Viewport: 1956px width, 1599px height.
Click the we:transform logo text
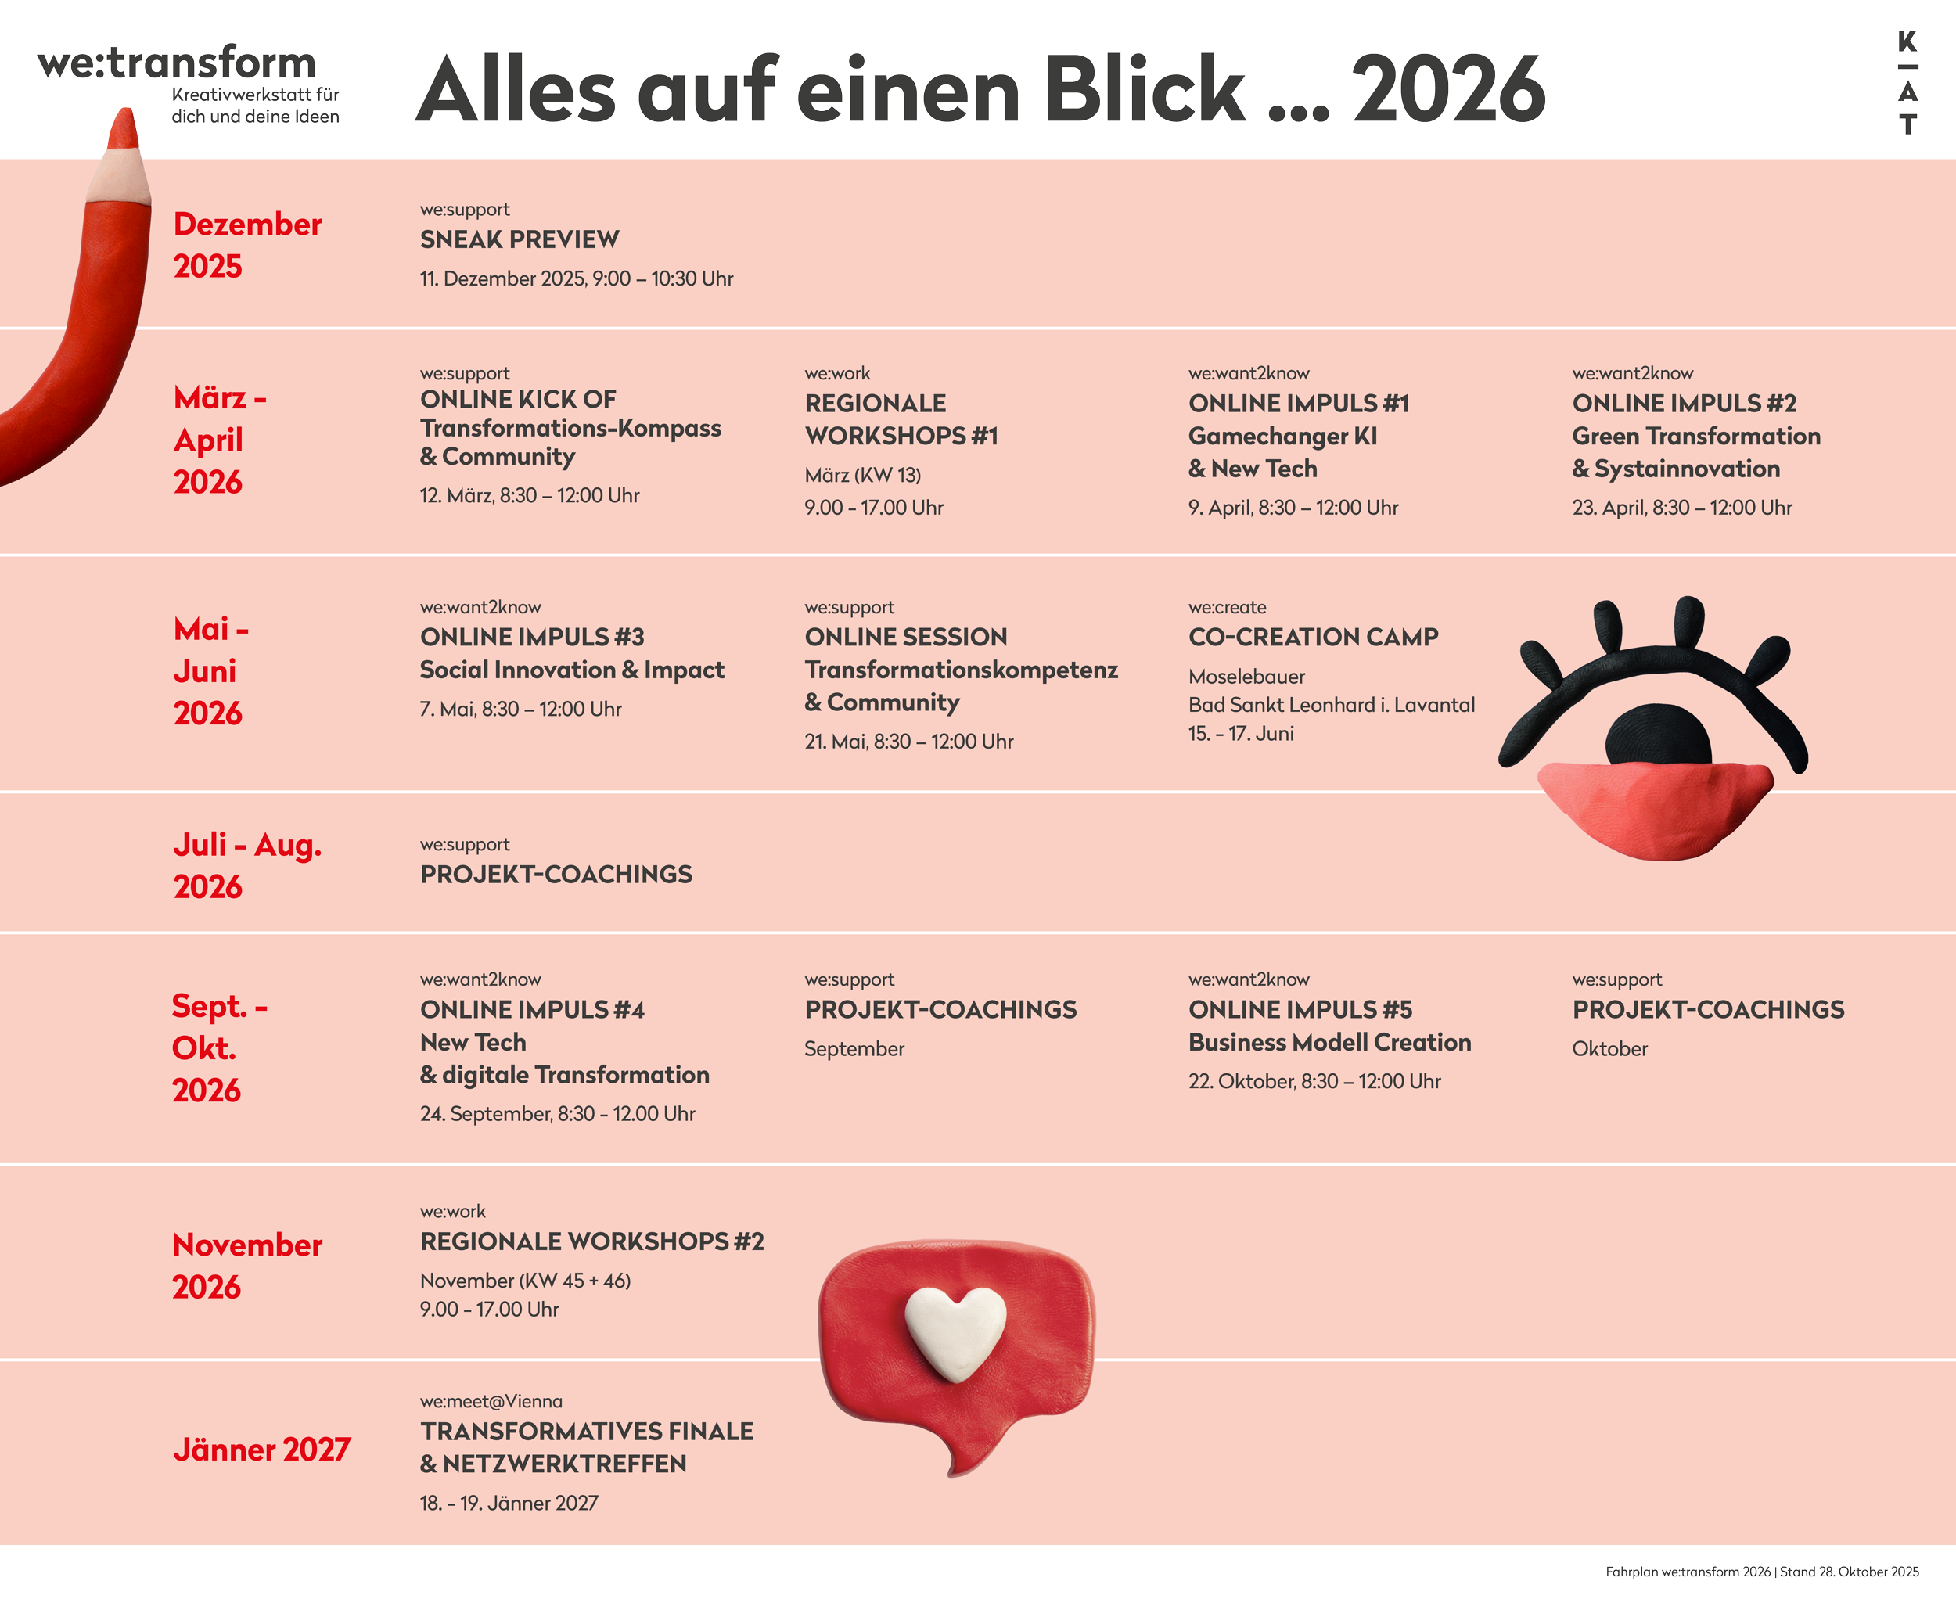click(x=176, y=63)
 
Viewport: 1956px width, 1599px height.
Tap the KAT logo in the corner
click(x=1907, y=83)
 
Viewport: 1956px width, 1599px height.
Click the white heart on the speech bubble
click(x=955, y=1331)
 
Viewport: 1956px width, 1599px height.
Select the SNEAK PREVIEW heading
click(x=520, y=239)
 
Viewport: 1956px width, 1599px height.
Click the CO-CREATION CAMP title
click(x=1313, y=638)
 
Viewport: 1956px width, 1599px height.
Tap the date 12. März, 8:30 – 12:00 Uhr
click(x=530, y=495)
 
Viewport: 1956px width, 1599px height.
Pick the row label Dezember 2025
click(x=247, y=245)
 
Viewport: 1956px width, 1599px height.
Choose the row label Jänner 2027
click(x=261, y=1450)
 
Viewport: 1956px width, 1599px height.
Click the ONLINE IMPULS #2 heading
click(x=1685, y=404)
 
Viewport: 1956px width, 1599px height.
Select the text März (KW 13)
click(x=862, y=476)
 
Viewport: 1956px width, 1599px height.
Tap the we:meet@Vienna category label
click(x=491, y=1401)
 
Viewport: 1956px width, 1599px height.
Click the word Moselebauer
click(x=1246, y=677)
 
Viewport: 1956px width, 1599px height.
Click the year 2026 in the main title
click(x=1448, y=90)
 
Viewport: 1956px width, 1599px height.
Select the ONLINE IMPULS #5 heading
click(x=1300, y=1009)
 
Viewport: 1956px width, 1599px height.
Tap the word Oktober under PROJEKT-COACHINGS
click(x=1609, y=1049)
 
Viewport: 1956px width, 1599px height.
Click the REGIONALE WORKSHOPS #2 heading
click(x=591, y=1241)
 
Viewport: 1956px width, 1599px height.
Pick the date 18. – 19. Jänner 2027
click(x=509, y=1504)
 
